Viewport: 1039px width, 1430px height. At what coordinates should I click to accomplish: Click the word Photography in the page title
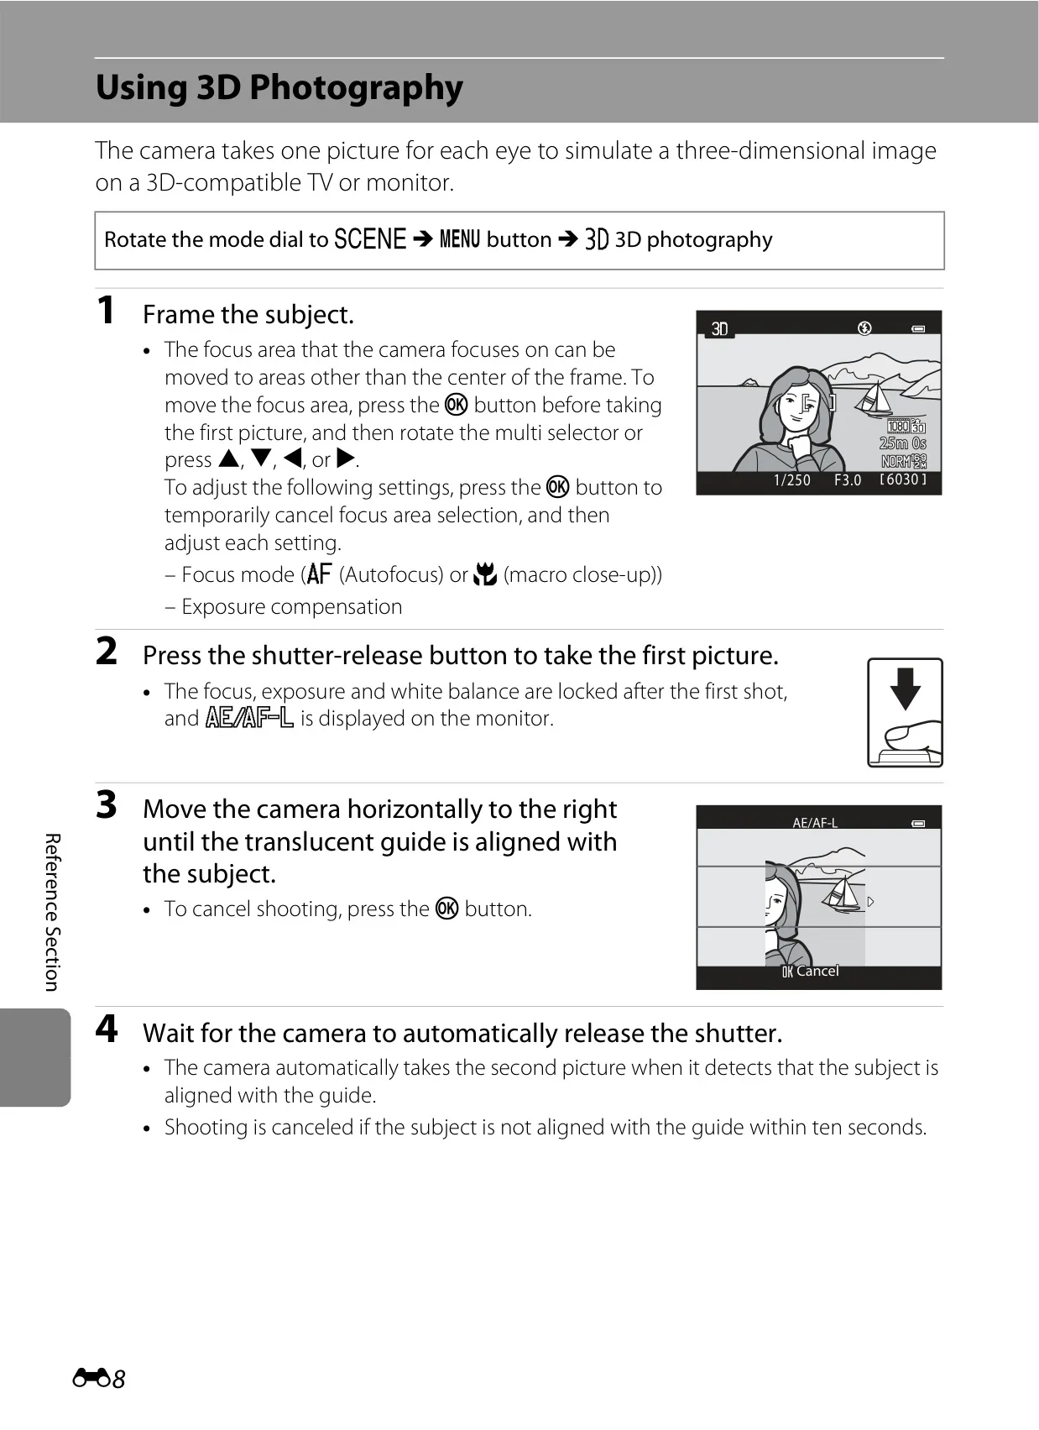[356, 88]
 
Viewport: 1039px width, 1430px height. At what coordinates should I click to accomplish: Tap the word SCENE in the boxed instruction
[370, 239]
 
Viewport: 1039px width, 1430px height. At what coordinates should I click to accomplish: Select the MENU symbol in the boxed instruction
[460, 239]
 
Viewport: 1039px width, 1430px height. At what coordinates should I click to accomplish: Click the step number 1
[106, 310]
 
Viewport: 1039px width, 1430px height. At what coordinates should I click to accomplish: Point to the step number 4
[107, 1029]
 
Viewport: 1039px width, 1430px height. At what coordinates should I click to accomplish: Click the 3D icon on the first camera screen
[720, 329]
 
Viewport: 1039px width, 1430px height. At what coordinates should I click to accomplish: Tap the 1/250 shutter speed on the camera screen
[792, 480]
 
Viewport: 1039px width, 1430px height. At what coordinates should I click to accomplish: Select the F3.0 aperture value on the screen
[848, 480]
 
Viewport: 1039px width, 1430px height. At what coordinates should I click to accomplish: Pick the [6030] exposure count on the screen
[902, 479]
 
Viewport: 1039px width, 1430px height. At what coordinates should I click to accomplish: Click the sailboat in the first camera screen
[874, 398]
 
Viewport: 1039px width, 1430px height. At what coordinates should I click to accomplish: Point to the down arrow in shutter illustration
[905, 689]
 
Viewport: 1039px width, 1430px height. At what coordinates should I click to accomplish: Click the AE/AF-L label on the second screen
[815, 823]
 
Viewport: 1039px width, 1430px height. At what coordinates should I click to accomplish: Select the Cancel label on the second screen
[817, 971]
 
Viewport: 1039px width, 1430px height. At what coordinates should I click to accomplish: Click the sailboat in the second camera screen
[841, 893]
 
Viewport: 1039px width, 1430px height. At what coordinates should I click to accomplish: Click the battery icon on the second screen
[918, 824]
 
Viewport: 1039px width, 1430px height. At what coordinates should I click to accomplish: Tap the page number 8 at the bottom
[118, 1379]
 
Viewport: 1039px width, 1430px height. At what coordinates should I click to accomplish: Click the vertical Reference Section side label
[52, 912]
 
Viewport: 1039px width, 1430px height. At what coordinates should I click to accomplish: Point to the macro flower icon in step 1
[485, 574]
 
